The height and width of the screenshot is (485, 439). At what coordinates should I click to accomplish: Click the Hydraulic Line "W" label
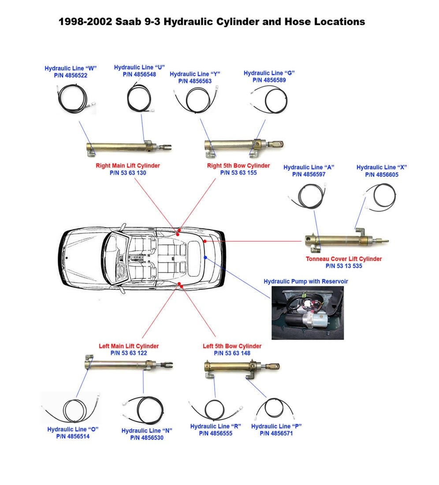(71, 68)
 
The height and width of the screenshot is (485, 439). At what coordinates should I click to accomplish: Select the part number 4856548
(139, 75)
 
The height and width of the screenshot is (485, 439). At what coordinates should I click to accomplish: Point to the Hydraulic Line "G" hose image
(269, 99)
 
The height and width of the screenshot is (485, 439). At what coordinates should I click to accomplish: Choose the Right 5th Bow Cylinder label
(238, 166)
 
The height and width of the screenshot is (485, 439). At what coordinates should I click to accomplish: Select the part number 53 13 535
(344, 266)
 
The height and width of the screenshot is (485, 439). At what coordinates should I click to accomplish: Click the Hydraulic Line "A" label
(309, 168)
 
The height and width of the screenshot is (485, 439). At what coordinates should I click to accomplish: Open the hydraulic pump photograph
(307, 313)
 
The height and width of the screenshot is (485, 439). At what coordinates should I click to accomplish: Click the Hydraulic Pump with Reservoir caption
(306, 281)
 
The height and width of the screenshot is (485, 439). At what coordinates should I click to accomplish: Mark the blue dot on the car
(205, 257)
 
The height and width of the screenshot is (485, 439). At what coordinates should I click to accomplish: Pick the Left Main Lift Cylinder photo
(128, 364)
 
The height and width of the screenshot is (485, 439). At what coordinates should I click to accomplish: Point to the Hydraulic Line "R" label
(216, 426)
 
